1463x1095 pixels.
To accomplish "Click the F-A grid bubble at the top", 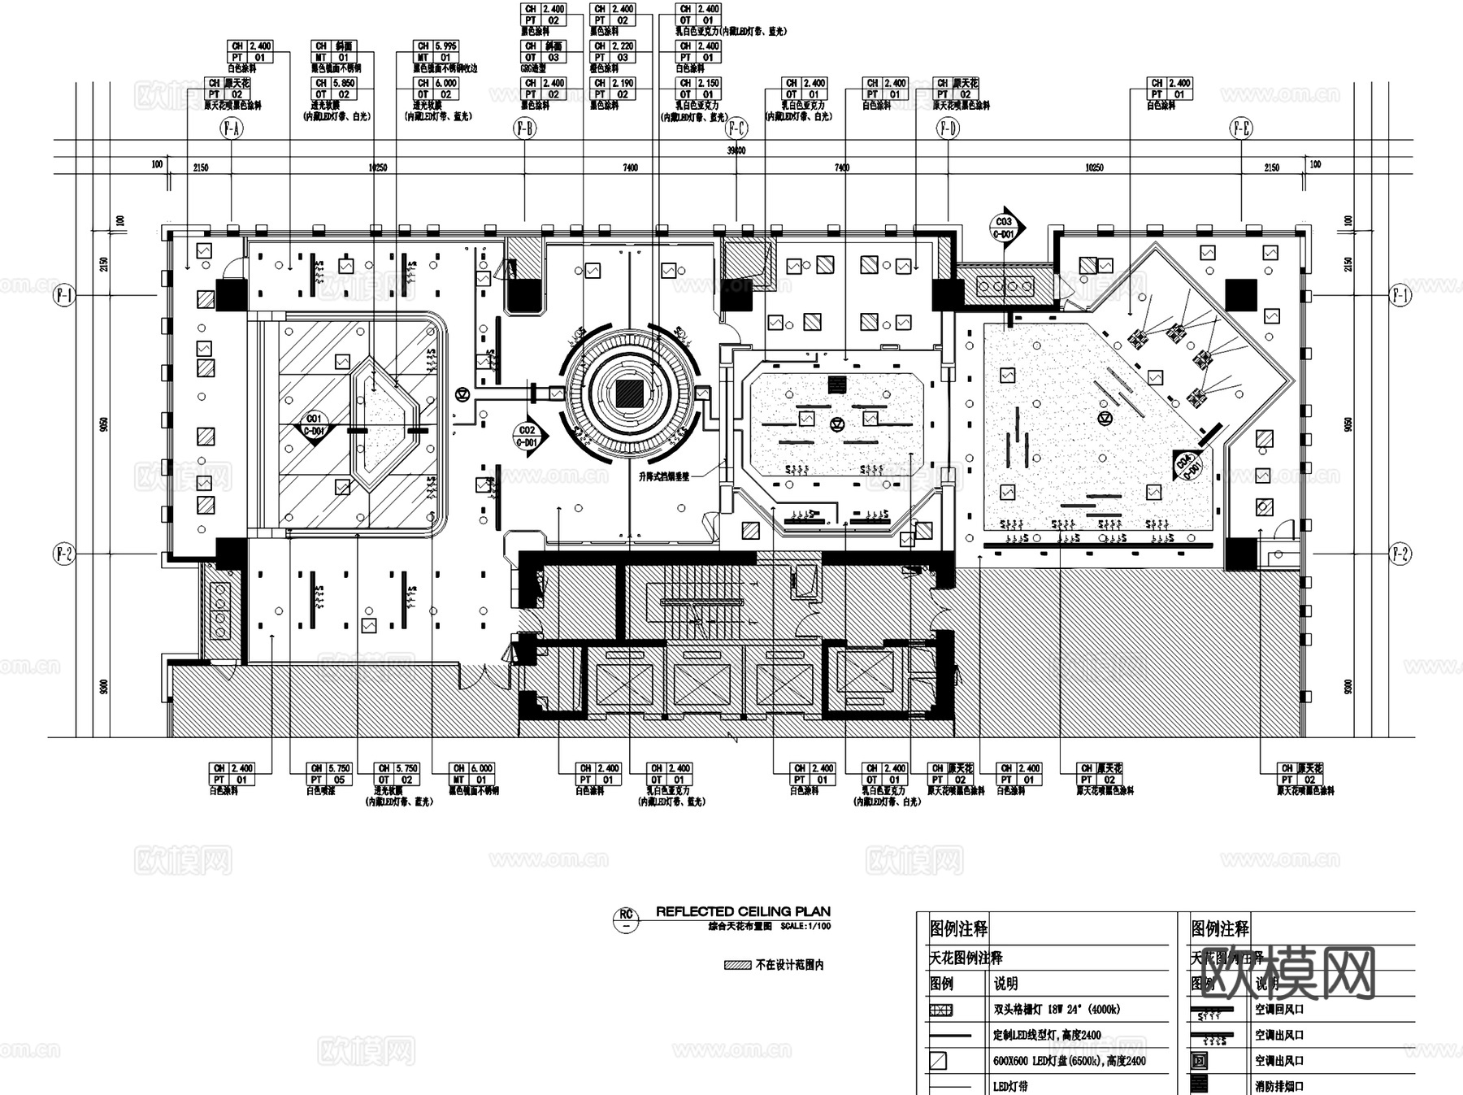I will tap(232, 128).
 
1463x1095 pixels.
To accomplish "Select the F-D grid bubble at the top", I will tap(948, 128).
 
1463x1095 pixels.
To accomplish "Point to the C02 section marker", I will tap(527, 436).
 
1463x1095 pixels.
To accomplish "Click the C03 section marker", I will tap(1004, 227).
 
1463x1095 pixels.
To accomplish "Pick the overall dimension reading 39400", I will tap(736, 150).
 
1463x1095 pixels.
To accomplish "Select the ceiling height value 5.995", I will tap(445, 46).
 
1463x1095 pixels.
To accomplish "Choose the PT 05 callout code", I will tap(339, 780).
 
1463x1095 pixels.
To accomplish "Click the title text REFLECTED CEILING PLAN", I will tap(743, 911).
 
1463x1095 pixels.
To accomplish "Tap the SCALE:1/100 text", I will tap(805, 926).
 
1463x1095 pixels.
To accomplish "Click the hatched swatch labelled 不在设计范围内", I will tap(738, 965).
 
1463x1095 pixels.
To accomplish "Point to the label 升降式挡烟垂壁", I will tap(663, 477).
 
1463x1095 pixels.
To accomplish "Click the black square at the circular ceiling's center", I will tap(629, 394).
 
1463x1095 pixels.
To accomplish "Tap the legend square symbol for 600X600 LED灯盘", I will tap(939, 1060).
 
